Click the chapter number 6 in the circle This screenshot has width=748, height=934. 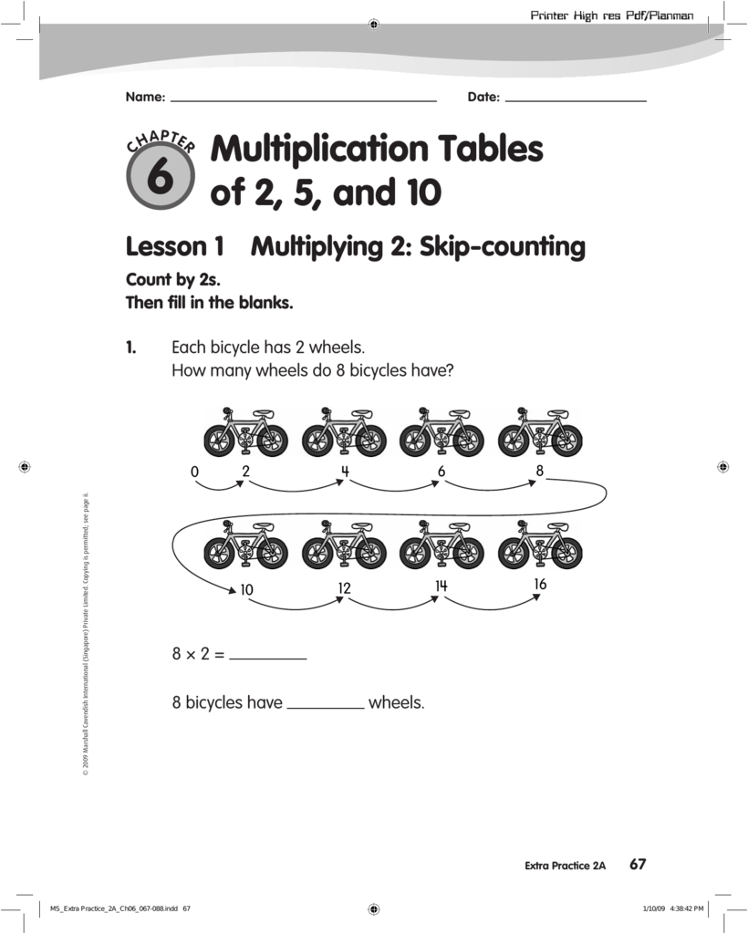[160, 177]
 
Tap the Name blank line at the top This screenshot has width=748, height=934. [303, 99]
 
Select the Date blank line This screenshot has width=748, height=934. [575, 99]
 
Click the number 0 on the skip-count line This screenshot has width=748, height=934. [194, 472]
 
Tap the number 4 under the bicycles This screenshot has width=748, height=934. [345, 472]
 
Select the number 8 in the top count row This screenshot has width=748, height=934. [539, 472]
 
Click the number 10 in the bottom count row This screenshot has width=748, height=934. [246, 591]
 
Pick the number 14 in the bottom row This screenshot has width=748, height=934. [442, 586]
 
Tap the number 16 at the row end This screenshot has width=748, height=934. [540, 585]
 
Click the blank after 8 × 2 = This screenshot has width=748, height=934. [267, 656]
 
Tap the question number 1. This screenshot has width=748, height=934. [131, 348]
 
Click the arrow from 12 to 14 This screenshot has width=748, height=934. [392, 604]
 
